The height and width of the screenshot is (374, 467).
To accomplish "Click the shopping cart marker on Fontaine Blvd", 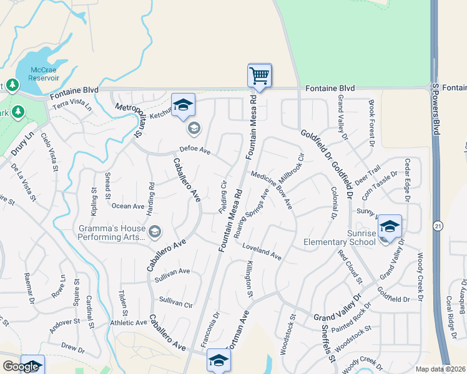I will click(x=259, y=76).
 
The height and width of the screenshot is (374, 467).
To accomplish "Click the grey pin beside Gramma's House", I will click(x=155, y=233).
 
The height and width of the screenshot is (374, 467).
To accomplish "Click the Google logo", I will click(x=21, y=366).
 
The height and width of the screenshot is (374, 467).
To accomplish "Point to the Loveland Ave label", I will click(x=262, y=252).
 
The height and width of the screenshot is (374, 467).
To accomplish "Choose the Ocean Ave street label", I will click(x=128, y=206).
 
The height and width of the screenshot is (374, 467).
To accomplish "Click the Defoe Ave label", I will click(x=195, y=150).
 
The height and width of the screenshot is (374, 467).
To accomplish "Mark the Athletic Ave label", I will click(x=129, y=322).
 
